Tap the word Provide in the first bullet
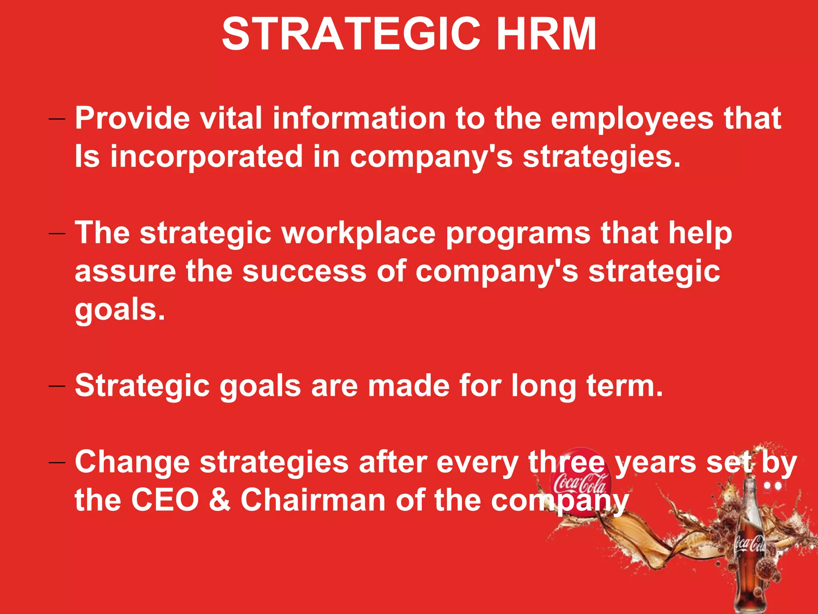point(132,119)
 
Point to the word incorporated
point(206,157)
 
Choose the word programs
point(518,234)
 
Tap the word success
point(304,271)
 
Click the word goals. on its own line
point(120,310)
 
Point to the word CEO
point(165,500)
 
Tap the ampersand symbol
point(220,500)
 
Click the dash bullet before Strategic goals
point(57,386)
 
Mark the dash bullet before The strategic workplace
point(57,233)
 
